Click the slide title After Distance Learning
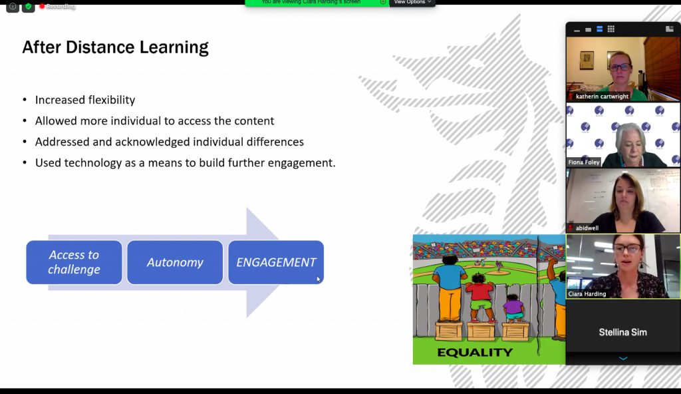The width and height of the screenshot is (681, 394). coord(115,47)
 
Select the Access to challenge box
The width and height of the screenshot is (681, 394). coord(74,262)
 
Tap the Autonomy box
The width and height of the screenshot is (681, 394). coord(175,262)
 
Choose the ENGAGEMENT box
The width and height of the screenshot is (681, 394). coord(276,262)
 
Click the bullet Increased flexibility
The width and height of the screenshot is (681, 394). coord(85,100)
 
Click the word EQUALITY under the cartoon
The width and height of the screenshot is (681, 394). coord(475,352)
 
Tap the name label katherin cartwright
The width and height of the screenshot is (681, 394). coord(603,97)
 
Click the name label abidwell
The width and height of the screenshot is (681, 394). coord(587,228)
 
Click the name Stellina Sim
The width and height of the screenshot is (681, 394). coord(622,332)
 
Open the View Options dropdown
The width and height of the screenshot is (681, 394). coord(412,3)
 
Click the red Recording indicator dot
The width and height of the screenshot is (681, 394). coord(42,6)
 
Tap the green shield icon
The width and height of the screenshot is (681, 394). coord(28,7)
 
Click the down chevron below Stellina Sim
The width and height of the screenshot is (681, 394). coord(623,359)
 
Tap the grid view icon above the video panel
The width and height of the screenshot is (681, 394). coord(611,29)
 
